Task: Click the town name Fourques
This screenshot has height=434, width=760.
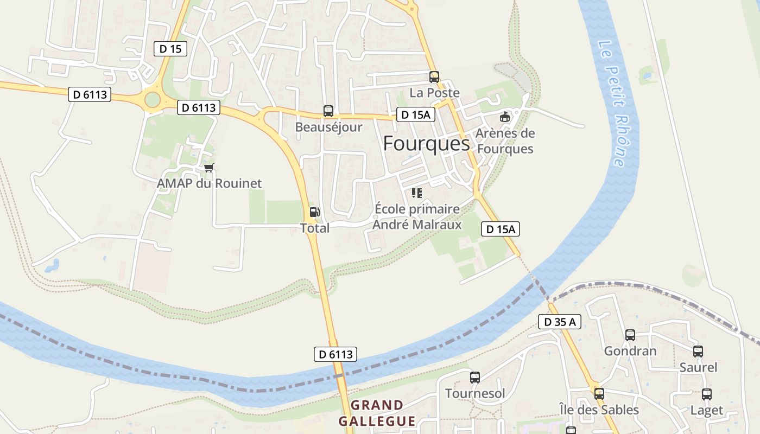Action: (x=426, y=144)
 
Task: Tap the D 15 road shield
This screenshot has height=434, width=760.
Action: (x=170, y=49)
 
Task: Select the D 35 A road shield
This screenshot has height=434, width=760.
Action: (x=560, y=322)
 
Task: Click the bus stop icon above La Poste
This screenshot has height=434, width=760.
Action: (x=434, y=76)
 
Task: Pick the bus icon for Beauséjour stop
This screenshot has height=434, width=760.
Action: (x=328, y=111)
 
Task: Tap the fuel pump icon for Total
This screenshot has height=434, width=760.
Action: (x=314, y=212)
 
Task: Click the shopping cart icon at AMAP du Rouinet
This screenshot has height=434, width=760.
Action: (x=208, y=168)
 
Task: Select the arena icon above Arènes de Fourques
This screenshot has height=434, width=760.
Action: (x=505, y=117)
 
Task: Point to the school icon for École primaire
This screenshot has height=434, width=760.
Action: (x=416, y=193)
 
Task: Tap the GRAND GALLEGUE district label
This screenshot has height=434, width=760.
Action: (x=377, y=413)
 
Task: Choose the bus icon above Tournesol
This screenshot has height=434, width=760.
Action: (x=474, y=377)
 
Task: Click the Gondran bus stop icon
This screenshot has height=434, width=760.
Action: (x=630, y=335)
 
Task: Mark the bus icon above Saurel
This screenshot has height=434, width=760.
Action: (x=698, y=351)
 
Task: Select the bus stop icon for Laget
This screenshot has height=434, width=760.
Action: (x=706, y=394)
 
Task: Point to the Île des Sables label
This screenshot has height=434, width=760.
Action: (x=599, y=410)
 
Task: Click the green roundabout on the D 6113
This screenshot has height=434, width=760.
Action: (x=153, y=100)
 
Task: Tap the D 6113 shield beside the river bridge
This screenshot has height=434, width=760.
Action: (x=335, y=354)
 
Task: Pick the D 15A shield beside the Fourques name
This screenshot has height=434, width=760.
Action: (x=415, y=114)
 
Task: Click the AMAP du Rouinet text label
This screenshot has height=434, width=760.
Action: (x=209, y=183)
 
